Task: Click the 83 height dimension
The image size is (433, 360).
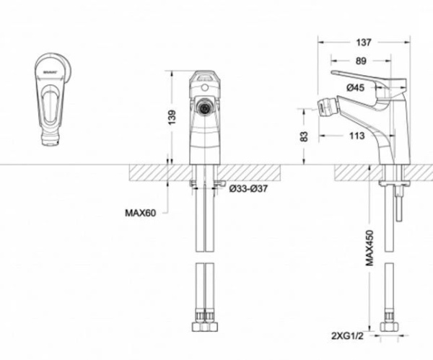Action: tap(305, 136)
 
